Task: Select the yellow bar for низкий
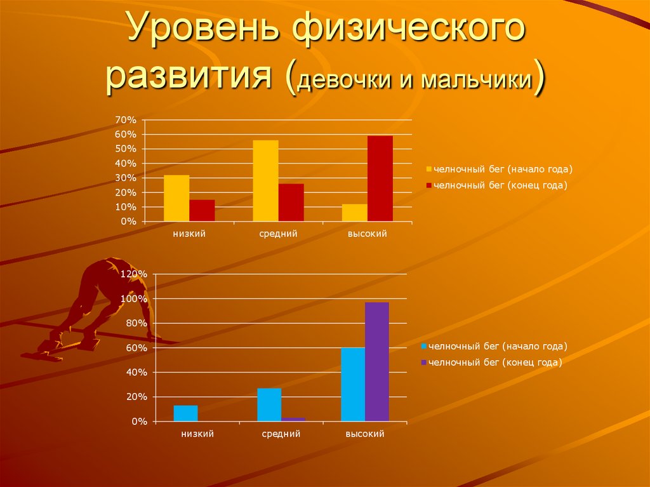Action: click(x=176, y=198)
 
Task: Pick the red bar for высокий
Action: click(x=380, y=178)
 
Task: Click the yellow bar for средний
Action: click(x=265, y=180)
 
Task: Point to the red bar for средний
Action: click(x=291, y=203)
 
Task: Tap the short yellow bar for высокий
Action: click(x=354, y=213)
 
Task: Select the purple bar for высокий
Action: click(x=377, y=361)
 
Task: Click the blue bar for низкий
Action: click(x=185, y=413)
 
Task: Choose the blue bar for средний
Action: click(x=269, y=404)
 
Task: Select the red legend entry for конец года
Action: click(x=499, y=185)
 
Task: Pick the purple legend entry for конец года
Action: click(x=494, y=363)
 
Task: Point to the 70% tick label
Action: click(x=125, y=119)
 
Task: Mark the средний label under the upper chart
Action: click(x=278, y=234)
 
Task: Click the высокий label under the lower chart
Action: click(x=365, y=434)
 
